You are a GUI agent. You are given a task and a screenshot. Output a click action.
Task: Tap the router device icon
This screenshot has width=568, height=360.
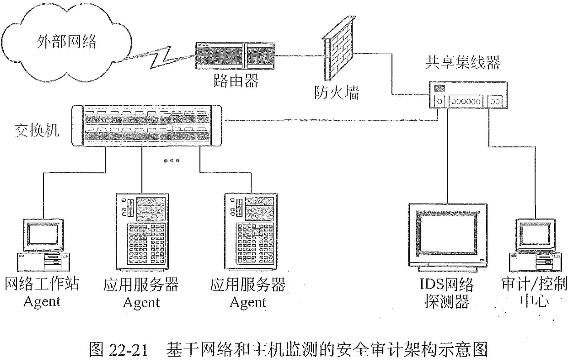tap(235, 56)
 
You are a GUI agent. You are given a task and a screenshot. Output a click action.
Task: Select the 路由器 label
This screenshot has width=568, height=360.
tap(236, 80)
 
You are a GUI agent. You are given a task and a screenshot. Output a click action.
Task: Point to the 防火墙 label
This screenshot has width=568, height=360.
tap(337, 92)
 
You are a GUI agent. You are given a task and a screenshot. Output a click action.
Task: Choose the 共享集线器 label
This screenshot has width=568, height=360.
tap(463, 63)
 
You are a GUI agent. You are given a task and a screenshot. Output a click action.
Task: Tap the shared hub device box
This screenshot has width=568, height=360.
tap(468, 95)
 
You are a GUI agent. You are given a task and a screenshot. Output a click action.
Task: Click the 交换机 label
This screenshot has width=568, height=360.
tap(37, 130)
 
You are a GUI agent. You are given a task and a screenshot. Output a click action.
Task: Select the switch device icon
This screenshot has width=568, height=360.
tap(147, 125)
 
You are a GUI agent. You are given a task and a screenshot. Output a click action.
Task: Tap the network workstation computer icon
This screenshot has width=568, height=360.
tap(43, 245)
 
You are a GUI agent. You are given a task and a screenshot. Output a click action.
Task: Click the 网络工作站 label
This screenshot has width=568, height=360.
tap(42, 284)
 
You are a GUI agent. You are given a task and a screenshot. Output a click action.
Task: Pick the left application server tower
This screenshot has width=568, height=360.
tap(142, 231)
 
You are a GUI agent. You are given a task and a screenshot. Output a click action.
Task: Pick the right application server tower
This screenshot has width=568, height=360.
tap(251, 231)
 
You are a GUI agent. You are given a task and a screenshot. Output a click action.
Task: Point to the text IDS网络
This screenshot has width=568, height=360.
tap(447, 284)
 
